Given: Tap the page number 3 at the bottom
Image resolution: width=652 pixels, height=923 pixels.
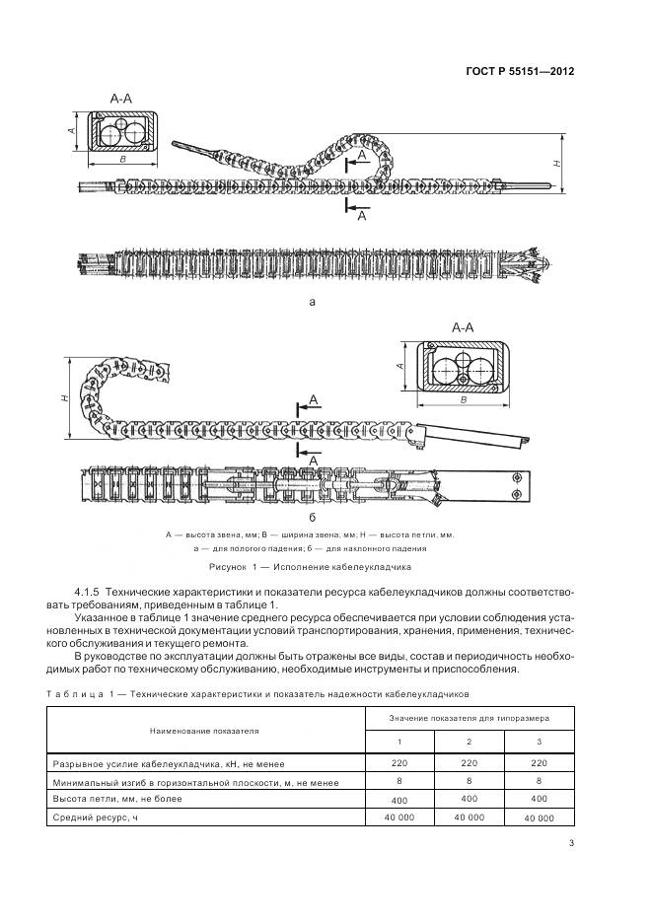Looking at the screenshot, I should pos(572,842).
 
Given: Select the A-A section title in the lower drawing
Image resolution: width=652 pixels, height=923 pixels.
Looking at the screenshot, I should pos(465,326).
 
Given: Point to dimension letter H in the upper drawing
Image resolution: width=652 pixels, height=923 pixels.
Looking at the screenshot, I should pos(557,165).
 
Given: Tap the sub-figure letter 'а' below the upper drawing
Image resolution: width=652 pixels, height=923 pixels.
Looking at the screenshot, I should pos(312,303).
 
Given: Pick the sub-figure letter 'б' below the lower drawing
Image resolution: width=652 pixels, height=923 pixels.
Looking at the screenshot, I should pos(312,516).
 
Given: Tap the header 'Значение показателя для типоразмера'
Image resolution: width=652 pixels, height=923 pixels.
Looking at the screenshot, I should pos(469,719).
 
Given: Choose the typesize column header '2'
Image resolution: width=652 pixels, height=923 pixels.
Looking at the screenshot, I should pos(469,742).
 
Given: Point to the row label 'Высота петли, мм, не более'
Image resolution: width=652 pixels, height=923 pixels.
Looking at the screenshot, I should pos(109,799).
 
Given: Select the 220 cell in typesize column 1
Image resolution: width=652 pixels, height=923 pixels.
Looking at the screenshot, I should pos(399,761).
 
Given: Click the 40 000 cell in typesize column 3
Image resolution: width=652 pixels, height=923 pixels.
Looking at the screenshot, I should pos(538,818).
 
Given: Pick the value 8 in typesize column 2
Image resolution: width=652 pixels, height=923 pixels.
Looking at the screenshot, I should pos(469,780).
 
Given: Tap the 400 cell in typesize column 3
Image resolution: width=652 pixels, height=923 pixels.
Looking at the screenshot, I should pos(538,799).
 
